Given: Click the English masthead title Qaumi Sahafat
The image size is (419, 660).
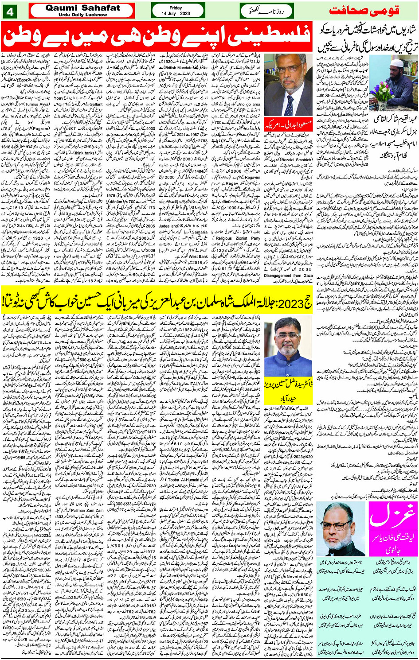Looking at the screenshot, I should tap(82, 8).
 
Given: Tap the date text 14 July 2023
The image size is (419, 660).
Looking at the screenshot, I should tap(176, 14).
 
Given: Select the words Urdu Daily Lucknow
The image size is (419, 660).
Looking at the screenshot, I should tap(82, 15).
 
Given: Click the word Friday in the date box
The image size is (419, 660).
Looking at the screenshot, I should tap(176, 8).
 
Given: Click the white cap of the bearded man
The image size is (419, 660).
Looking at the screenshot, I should tap(396, 62).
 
